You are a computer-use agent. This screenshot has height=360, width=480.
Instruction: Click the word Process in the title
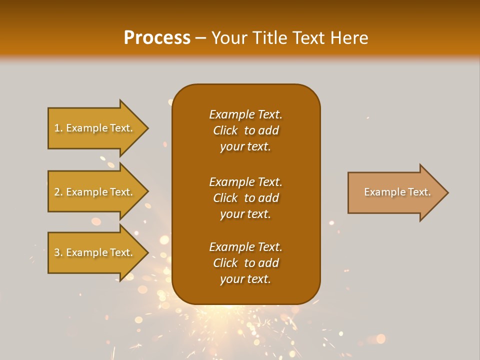pyautogui.click(x=157, y=38)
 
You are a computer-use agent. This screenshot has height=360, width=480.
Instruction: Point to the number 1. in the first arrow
pyautogui.click(x=58, y=128)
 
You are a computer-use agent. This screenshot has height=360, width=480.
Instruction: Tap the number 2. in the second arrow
pyautogui.click(x=58, y=192)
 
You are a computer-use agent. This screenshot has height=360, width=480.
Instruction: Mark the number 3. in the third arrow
pyautogui.click(x=58, y=252)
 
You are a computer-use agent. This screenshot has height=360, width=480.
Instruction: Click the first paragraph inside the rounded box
pyautogui.click(x=245, y=130)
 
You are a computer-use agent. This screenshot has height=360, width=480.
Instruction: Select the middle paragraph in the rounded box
pyautogui.click(x=245, y=198)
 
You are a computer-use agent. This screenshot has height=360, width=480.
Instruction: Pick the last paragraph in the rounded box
pyautogui.click(x=245, y=263)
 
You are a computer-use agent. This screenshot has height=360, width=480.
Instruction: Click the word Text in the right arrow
pyautogui.click(x=419, y=192)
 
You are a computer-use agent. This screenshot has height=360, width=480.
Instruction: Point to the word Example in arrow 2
pyautogui.click(x=86, y=192)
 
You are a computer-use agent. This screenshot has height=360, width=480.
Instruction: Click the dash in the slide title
pyautogui.click(x=201, y=38)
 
